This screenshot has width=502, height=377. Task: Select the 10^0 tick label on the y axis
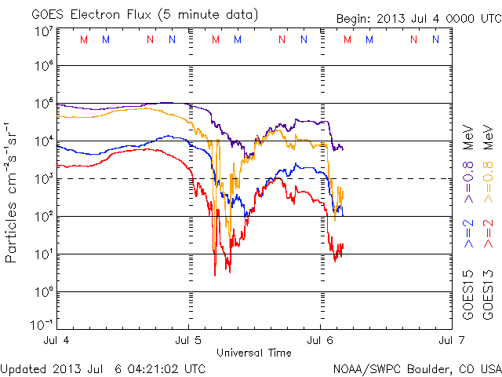pos(43,292)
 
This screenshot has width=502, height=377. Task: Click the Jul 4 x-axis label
pos(57,341)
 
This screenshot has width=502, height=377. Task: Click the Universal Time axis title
pos(254,352)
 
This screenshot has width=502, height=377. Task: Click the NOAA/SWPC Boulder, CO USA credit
pos(417,368)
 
